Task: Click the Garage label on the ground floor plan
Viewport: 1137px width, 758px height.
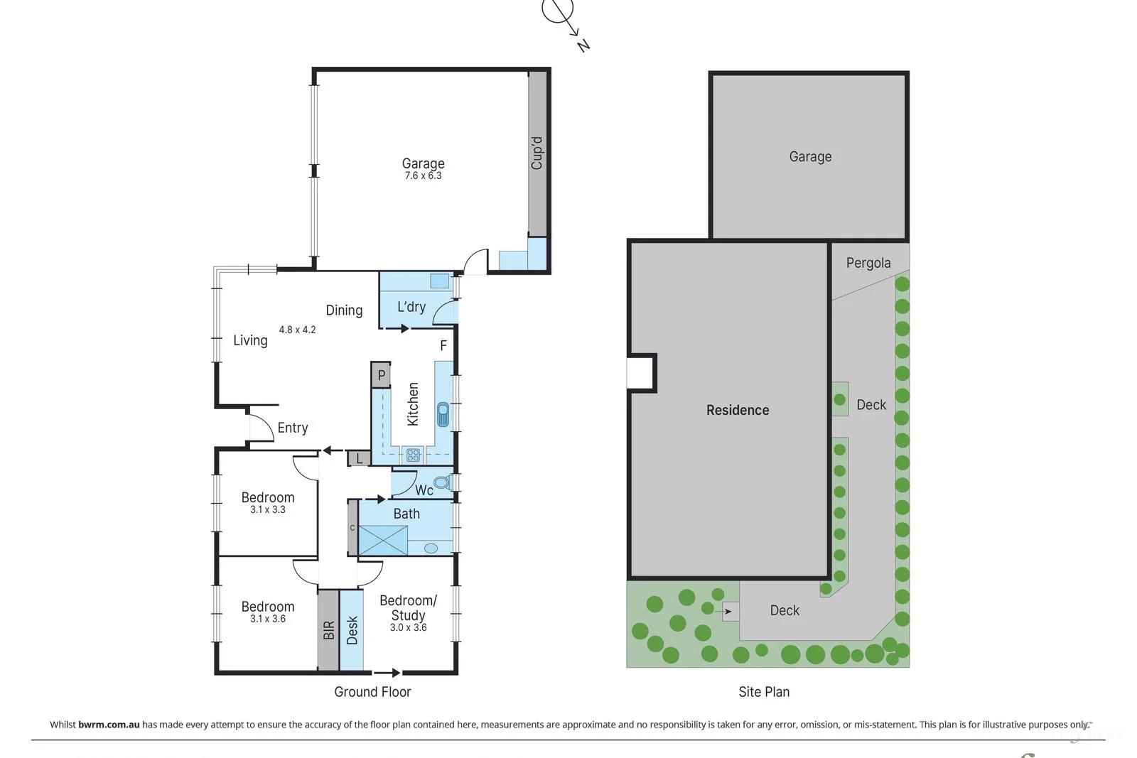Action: (423, 163)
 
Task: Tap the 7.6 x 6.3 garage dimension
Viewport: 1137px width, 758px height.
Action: (423, 176)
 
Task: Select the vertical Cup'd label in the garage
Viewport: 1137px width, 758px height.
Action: (537, 153)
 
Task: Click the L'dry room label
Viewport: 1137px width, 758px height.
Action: (411, 307)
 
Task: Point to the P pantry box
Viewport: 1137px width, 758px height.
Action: (381, 375)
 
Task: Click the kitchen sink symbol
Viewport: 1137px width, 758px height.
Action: (443, 414)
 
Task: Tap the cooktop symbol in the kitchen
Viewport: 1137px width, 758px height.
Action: (413, 455)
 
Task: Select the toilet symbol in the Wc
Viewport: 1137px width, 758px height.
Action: (441, 482)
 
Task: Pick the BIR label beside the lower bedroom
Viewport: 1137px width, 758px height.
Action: (328, 630)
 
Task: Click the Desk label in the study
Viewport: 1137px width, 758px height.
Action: (352, 630)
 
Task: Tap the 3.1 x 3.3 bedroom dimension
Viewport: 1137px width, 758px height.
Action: (267, 510)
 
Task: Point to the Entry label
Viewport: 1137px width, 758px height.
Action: (293, 428)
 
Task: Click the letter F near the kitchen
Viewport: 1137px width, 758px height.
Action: (443, 346)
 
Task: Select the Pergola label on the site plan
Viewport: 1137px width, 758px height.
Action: (868, 263)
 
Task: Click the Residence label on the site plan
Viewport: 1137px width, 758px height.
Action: (737, 410)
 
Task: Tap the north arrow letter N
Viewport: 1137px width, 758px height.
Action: (583, 45)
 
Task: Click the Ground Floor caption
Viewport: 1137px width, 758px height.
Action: (372, 692)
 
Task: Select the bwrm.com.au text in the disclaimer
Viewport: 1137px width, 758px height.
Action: (109, 725)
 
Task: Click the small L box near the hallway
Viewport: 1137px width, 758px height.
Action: (360, 459)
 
